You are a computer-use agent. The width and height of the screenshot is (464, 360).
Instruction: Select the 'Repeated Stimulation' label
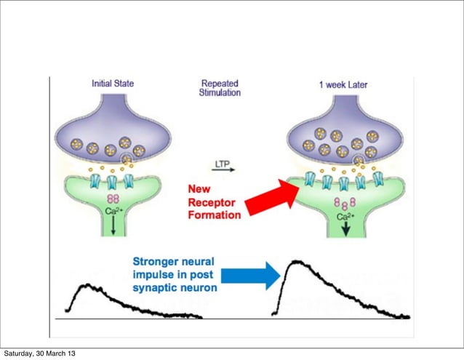point(220,89)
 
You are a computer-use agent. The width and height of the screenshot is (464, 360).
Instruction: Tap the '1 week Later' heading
point(343,84)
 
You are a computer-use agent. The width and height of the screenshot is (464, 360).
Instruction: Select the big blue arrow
point(250,275)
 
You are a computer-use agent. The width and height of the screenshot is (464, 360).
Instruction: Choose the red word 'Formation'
point(211,216)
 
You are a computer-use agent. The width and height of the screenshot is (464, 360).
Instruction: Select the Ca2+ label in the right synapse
point(345,217)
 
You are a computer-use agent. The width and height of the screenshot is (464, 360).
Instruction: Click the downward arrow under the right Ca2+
point(345,231)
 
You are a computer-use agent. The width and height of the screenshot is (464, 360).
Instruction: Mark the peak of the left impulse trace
point(86,285)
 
